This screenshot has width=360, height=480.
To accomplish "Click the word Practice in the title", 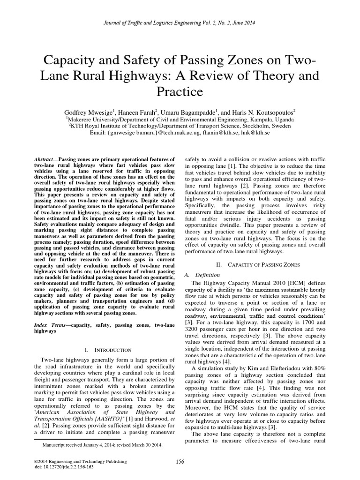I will (180, 91).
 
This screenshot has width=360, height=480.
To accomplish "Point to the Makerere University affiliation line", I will (180, 119).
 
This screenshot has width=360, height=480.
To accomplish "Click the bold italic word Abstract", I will (46, 160).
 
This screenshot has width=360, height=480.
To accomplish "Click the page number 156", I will (180, 462).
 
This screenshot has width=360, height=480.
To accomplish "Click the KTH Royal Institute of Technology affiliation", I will (180, 126).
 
